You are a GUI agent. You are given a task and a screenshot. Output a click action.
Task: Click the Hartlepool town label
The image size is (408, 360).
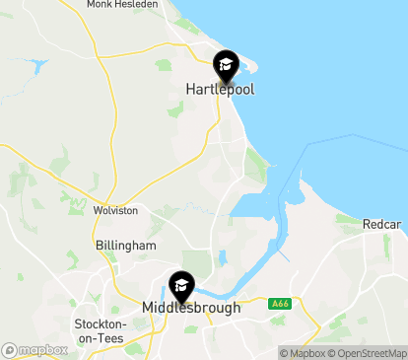(x=220, y=89)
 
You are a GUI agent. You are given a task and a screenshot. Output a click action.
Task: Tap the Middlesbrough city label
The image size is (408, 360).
(x=191, y=308)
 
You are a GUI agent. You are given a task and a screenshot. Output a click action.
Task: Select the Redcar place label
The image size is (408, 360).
(x=381, y=225)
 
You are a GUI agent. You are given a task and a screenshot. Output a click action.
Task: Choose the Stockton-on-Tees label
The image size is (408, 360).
(x=101, y=330)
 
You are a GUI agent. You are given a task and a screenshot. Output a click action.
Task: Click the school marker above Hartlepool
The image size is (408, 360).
(x=226, y=66)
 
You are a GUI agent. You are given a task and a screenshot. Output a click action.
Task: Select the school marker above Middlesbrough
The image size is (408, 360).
(x=182, y=286)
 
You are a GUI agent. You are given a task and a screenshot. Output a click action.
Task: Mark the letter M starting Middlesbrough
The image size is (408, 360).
(x=148, y=308)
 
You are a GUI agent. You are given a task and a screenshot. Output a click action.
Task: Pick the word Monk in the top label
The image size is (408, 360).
(x=99, y=5)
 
